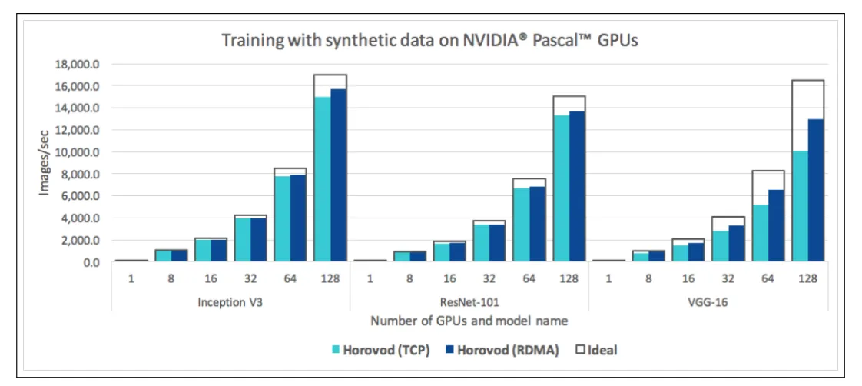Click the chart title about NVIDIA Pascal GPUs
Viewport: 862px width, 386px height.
click(x=429, y=41)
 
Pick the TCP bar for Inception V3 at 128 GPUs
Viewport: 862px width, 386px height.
click(x=322, y=178)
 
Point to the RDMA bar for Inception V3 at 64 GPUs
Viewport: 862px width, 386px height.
click(x=298, y=218)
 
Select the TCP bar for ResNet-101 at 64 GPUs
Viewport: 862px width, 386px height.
click(x=521, y=225)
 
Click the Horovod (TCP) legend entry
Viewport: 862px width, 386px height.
click(x=380, y=351)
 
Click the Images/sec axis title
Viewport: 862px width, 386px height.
click(x=44, y=162)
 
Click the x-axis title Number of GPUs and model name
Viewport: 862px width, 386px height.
click(x=469, y=320)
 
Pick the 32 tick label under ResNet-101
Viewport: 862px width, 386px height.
click(x=489, y=279)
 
